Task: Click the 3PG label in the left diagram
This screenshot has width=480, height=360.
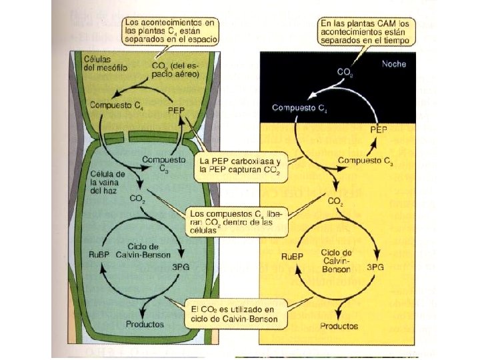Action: [x=182, y=267]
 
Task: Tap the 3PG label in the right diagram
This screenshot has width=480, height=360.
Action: [x=375, y=267]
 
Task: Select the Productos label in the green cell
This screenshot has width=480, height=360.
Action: [x=145, y=325]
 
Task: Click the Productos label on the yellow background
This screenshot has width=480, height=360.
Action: [x=339, y=327]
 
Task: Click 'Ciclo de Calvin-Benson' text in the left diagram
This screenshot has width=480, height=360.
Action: [x=145, y=250]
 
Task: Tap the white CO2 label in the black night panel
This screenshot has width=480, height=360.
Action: [x=345, y=71]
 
